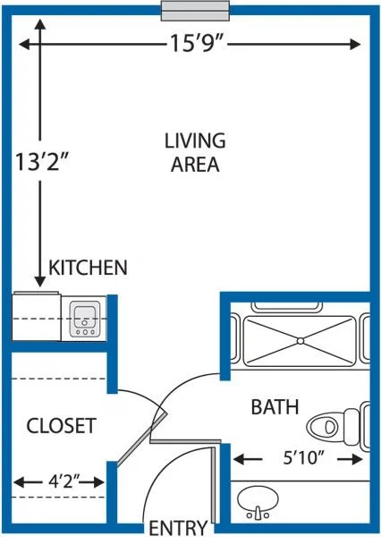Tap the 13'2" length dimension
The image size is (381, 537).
(x=42, y=162)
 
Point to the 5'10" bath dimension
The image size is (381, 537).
(x=303, y=457)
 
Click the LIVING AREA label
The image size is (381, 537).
(x=195, y=152)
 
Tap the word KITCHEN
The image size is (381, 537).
(x=88, y=268)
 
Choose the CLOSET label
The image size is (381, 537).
(x=62, y=426)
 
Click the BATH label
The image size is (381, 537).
(x=275, y=407)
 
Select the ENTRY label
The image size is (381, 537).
(x=178, y=527)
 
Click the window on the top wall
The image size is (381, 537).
(x=195, y=11)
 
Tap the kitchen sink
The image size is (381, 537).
(x=85, y=320)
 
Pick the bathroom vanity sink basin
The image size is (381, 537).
(x=258, y=499)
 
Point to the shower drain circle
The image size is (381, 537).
(x=301, y=341)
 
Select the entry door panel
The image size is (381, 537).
(x=214, y=484)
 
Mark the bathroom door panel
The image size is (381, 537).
(x=185, y=441)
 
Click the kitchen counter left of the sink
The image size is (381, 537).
(x=37, y=317)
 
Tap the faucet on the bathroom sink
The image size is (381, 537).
(x=258, y=514)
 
